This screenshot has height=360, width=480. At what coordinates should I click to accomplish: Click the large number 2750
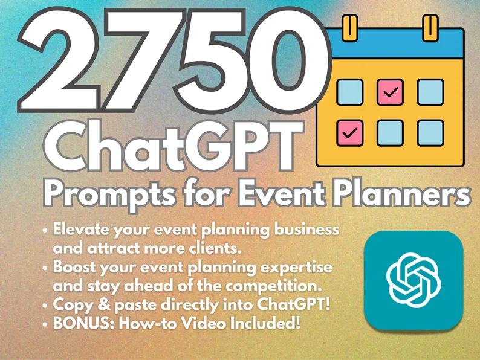pyautogui.click(x=175, y=60)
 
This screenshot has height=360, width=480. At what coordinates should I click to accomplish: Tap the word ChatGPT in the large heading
pyautogui.click(x=174, y=146)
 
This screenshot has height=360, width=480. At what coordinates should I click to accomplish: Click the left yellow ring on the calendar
pyautogui.click(x=350, y=28)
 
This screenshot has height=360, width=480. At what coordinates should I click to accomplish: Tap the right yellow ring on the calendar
pyautogui.click(x=430, y=28)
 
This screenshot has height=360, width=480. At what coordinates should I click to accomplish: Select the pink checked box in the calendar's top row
pyautogui.click(x=390, y=92)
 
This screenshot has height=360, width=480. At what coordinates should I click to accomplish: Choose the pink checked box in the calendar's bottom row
pyautogui.click(x=349, y=133)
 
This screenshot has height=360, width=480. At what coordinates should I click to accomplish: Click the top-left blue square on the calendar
pyautogui.click(x=349, y=92)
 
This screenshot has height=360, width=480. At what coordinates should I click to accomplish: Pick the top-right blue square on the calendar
pyautogui.click(x=430, y=92)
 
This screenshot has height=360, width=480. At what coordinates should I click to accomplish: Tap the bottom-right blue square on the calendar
pyautogui.click(x=430, y=133)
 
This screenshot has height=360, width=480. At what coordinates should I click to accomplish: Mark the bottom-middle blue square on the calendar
pyautogui.click(x=390, y=133)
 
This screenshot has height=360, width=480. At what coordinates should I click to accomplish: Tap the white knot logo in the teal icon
pyautogui.click(x=414, y=280)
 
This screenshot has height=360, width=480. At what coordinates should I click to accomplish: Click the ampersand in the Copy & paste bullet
pyautogui.click(x=104, y=304)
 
